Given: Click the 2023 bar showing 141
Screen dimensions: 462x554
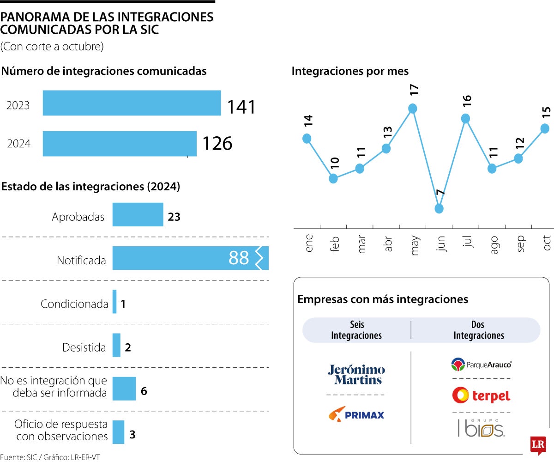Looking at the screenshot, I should tap(132, 103).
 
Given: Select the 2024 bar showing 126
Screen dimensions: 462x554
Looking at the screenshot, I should tap(120, 144).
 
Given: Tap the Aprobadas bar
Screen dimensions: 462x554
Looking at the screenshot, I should tap(138, 214).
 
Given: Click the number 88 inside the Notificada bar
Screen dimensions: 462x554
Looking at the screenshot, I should tap(239, 258).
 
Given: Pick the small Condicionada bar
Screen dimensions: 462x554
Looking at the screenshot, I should tap(114, 302).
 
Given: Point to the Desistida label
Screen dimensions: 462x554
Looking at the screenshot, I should tap(84, 347).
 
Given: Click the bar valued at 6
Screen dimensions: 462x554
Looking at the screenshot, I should tap(124, 389).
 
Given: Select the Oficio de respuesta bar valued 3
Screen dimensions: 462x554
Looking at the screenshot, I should tap(118, 432).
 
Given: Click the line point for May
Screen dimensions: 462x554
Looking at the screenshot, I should tap(413, 109).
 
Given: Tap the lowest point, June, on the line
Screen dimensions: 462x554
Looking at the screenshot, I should tap(439, 208).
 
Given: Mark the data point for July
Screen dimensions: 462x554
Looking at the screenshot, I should tap(465, 119).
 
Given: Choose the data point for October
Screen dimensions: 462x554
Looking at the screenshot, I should tap(545, 128).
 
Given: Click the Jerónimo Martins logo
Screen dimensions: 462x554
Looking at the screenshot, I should tap(356, 375).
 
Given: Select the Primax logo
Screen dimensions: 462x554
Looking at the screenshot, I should tap(356, 414).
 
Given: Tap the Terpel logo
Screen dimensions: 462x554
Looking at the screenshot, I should tap(481, 395).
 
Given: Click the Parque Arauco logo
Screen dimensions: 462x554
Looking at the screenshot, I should tap(481, 365).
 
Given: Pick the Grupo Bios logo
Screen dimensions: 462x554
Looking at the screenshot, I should tap(481, 429).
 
